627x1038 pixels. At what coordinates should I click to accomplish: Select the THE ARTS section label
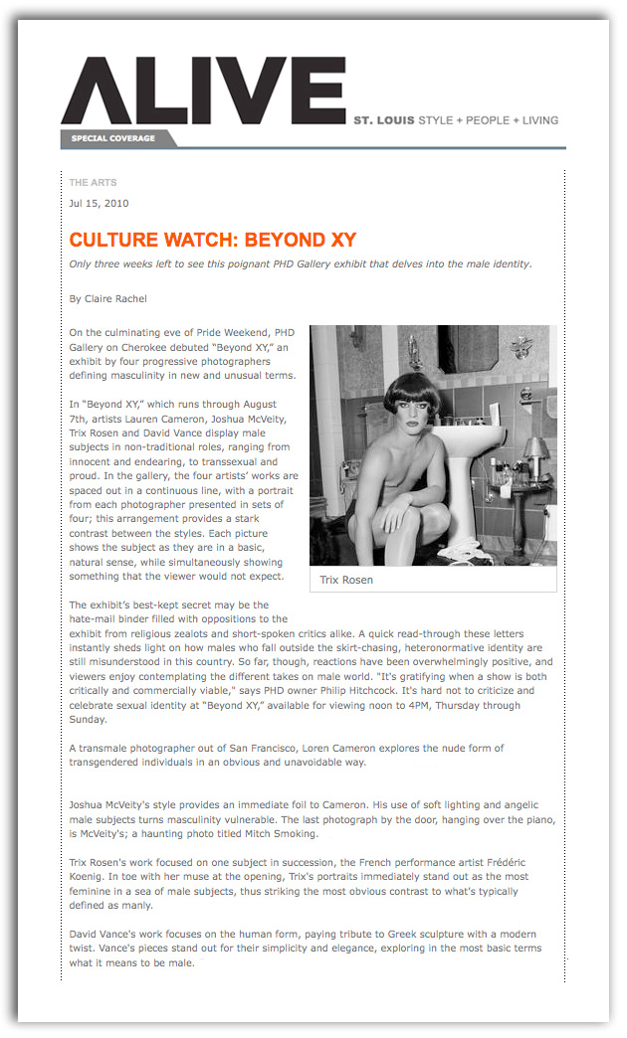coord(93,183)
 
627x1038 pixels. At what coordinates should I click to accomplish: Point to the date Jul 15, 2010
coord(99,204)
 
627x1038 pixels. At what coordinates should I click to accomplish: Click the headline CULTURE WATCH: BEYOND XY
coord(212,241)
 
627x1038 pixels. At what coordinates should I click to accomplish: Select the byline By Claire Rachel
coord(108,298)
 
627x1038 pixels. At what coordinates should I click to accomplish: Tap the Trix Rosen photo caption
coord(346,580)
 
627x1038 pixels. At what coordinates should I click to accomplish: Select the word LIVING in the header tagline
coord(534,121)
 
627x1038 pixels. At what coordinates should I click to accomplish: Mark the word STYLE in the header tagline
coord(436,121)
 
